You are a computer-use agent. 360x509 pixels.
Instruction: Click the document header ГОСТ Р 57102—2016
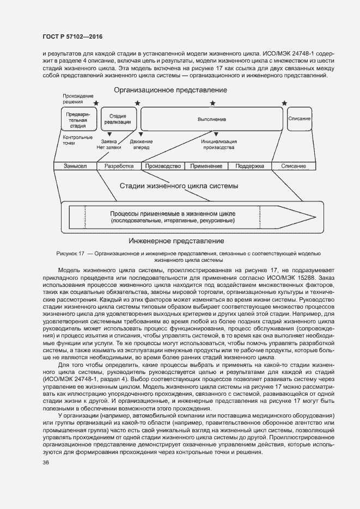click(72, 36)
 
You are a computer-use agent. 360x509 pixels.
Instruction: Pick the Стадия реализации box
click(118, 119)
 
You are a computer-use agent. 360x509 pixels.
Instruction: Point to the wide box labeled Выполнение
click(211, 119)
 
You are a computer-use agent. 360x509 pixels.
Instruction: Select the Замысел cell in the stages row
click(75, 166)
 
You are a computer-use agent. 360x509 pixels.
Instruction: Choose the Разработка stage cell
click(119, 166)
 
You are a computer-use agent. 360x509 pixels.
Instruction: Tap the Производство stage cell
click(163, 166)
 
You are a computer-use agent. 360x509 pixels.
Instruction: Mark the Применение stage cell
click(206, 166)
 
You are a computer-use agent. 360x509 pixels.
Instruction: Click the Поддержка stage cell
click(249, 166)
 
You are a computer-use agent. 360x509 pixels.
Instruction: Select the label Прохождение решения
click(74, 99)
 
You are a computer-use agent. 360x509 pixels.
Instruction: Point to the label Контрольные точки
click(74, 140)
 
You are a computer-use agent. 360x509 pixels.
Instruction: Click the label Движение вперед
click(142, 144)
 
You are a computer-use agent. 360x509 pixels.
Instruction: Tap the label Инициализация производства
click(218, 144)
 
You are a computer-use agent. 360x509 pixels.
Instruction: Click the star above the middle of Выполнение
click(212, 103)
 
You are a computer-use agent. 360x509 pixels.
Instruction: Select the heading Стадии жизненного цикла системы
click(179, 186)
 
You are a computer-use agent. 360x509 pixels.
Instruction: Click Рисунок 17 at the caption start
click(71, 254)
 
